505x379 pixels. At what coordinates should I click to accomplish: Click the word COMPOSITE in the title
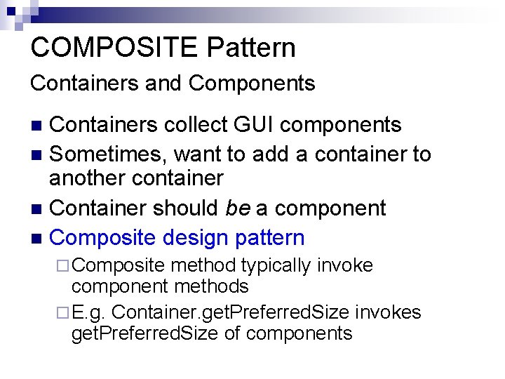click(114, 48)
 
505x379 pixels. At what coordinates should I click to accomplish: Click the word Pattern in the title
click(251, 48)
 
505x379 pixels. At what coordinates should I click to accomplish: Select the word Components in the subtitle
click(252, 84)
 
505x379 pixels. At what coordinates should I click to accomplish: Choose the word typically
click(276, 266)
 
